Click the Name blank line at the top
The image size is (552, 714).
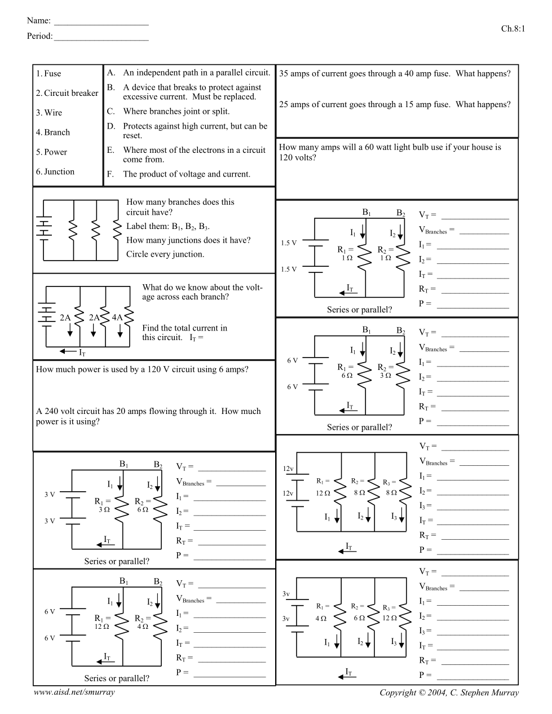(x=101, y=24)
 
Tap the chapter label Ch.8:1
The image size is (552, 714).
(x=513, y=29)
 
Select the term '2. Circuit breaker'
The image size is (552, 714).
(x=67, y=93)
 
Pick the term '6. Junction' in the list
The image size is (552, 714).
(x=55, y=171)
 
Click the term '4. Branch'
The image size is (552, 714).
(x=53, y=133)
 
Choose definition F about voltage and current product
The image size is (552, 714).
(x=186, y=174)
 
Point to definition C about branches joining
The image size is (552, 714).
(x=176, y=111)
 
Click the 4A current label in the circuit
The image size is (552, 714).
(x=117, y=318)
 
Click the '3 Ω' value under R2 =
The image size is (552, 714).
(x=386, y=376)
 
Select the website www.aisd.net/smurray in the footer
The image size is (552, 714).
(x=74, y=692)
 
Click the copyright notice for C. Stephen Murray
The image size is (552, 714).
(x=449, y=693)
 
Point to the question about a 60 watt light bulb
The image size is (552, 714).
(x=390, y=152)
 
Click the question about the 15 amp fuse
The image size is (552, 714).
(x=395, y=104)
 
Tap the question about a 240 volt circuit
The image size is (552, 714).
(x=148, y=416)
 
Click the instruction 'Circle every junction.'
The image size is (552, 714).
(x=165, y=254)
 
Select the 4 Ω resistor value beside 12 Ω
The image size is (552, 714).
(x=143, y=627)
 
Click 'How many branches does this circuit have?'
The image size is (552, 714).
(x=180, y=207)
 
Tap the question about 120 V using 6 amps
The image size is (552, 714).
(x=142, y=369)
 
